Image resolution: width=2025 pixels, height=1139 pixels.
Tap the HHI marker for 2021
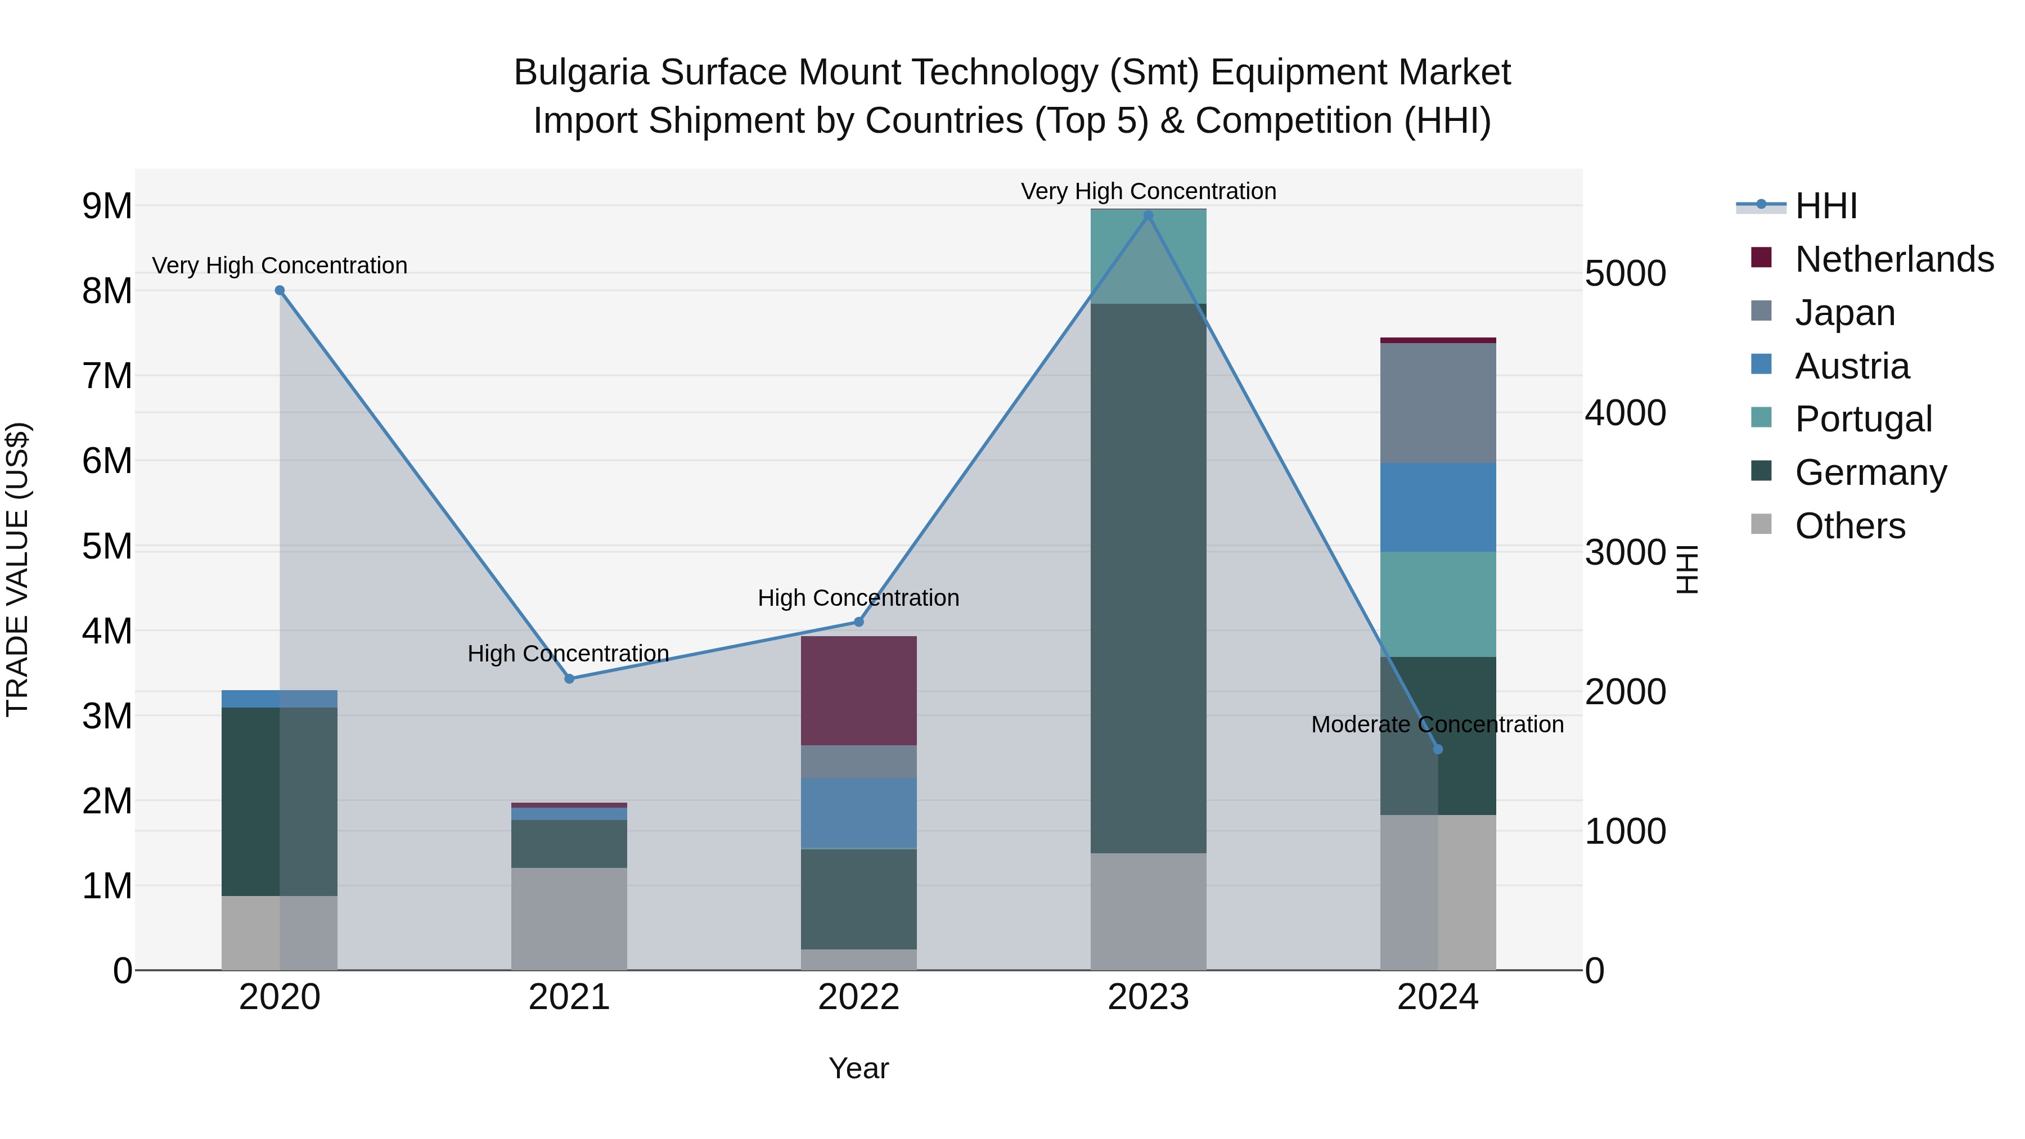(569, 678)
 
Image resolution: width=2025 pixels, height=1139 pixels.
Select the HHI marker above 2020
(280, 290)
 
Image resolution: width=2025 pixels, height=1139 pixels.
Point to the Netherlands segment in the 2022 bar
(858, 690)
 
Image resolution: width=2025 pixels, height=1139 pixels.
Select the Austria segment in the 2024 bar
(1438, 507)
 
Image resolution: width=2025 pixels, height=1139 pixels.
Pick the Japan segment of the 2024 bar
(1438, 403)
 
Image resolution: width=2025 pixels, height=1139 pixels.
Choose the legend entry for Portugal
(1863, 419)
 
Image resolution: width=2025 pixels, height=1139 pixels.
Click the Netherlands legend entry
(1894, 259)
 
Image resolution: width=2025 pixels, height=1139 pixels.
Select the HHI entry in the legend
(1825, 206)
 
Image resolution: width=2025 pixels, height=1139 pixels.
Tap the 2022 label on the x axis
(858, 997)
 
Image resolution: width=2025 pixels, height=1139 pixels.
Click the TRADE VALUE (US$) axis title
(17, 569)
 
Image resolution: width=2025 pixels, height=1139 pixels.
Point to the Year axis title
(858, 1068)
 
